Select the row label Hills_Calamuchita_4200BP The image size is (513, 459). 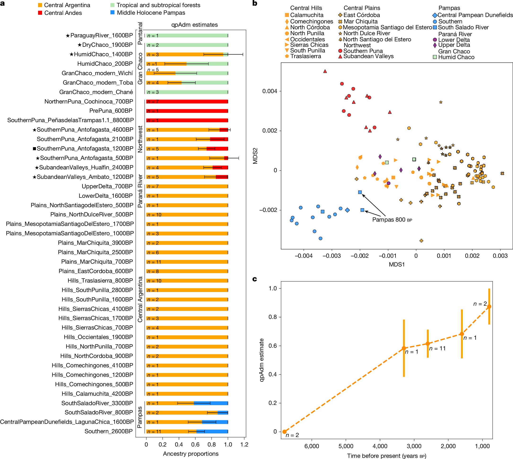(x=97, y=394)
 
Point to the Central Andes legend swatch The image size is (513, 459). (x=40, y=13)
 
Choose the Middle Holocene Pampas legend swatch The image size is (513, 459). (x=113, y=13)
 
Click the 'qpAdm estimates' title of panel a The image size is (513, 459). (x=194, y=25)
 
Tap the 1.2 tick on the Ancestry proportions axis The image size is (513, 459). (x=244, y=444)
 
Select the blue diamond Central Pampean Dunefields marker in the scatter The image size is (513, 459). (x=348, y=210)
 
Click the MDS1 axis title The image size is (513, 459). (x=397, y=264)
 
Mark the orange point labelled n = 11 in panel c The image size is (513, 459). (x=428, y=343)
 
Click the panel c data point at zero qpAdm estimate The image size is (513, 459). (x=284, y=432)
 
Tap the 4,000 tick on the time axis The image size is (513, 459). (x=380, y=446)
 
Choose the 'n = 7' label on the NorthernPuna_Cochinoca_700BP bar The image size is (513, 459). (x=153, y=102)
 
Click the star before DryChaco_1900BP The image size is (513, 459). (x=79, y=45)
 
